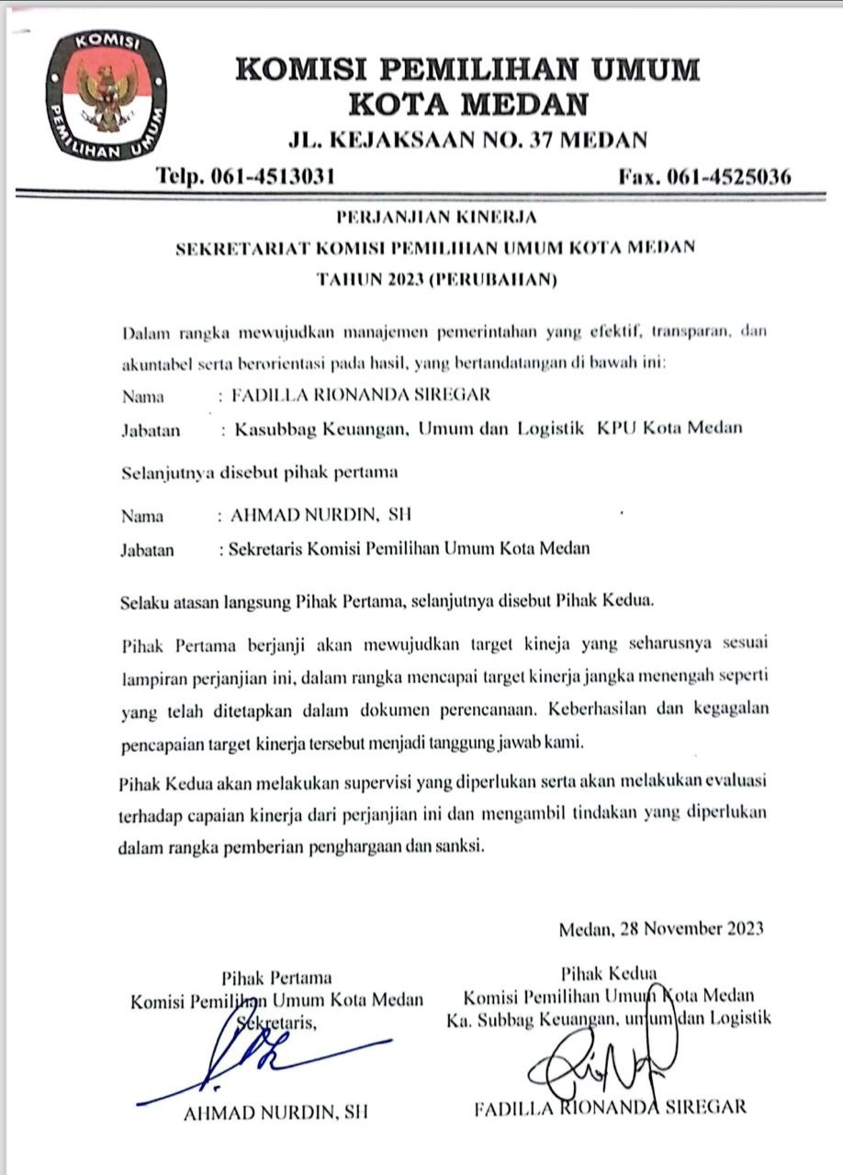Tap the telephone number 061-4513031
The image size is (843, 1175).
pyautogui.click(x=273, y=176)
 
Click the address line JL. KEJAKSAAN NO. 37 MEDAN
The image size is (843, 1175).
pyautogui.click(x=467, y=140)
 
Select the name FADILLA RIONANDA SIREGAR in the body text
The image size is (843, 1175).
pyautogui.click(x=361, y=396)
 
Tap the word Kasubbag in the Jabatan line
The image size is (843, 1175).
pyautogui.click(x=273, y=429)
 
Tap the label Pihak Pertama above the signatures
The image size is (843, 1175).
pyautogui.click(x=276, y=977)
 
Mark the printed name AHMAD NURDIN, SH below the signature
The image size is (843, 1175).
pyautogui.click(x=276, y=1112)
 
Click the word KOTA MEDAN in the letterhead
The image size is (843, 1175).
pyautogui.click(x=468, y=104)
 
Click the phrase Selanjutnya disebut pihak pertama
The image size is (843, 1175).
pyautogui.click(x=260, y=474)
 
